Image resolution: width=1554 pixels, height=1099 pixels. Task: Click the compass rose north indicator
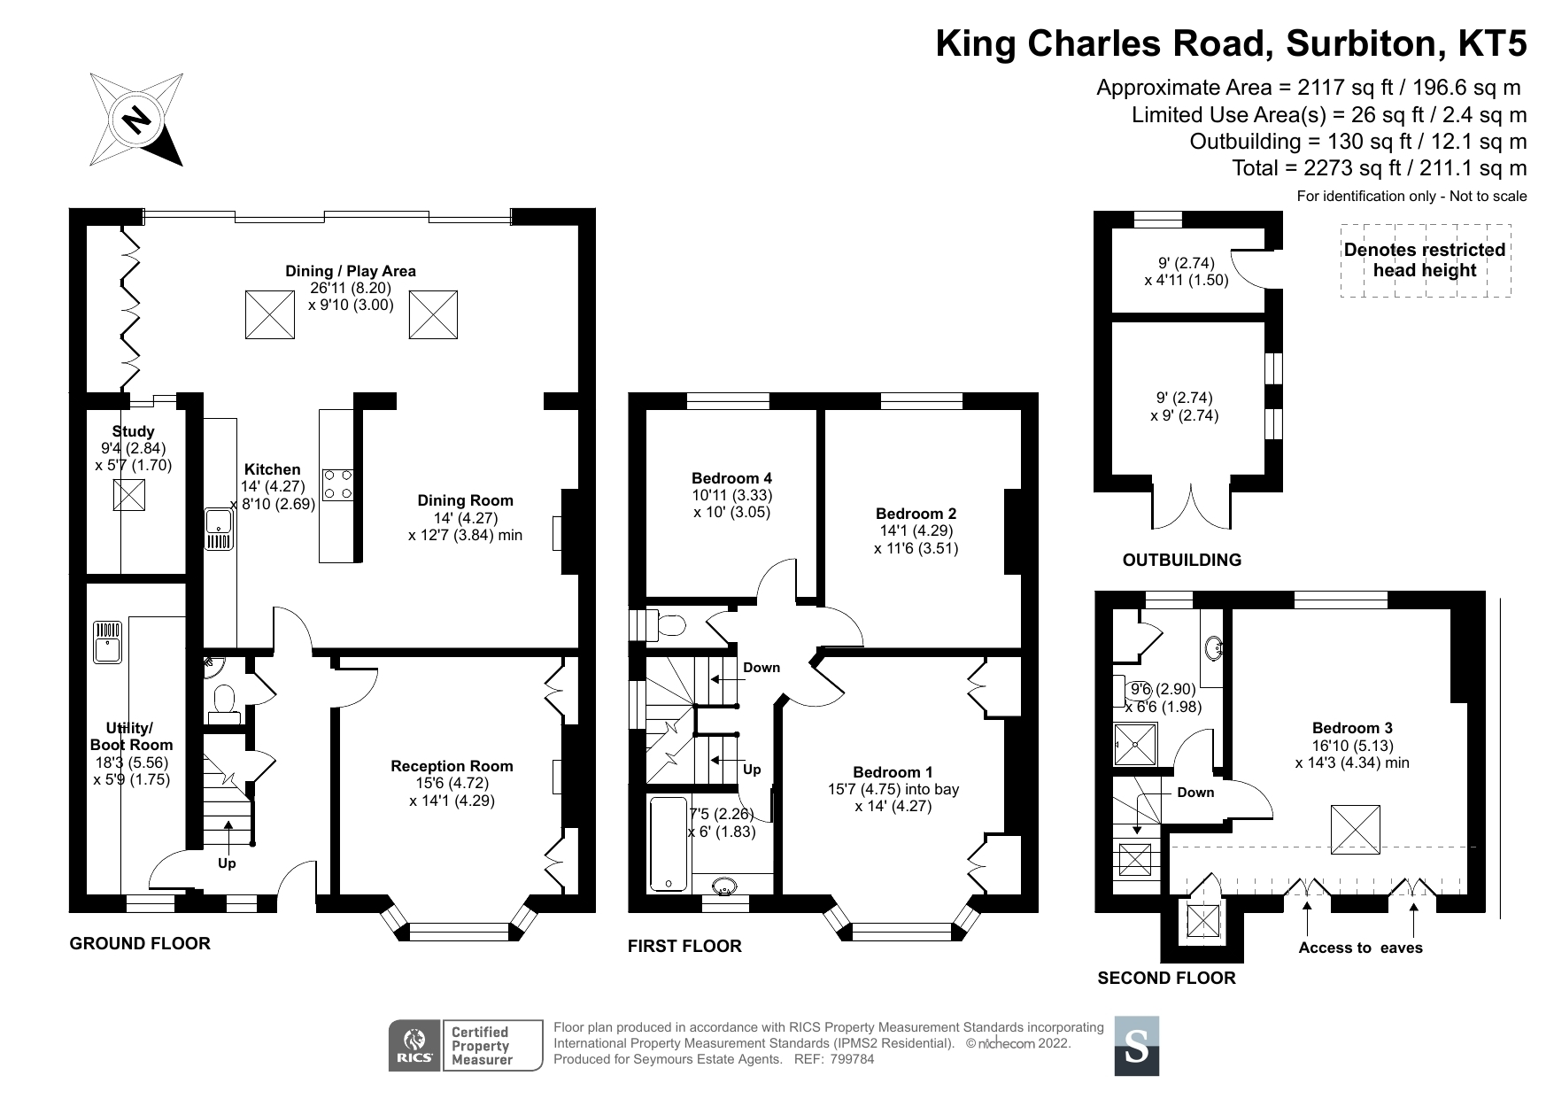click(136, 120)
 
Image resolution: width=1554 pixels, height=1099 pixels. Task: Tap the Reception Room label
click(452, 766)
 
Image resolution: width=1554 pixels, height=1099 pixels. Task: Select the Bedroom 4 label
click(731, 478)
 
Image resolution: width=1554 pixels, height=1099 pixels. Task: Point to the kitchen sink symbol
click(217, 529)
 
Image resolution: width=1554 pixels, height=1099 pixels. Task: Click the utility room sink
click(107, 641)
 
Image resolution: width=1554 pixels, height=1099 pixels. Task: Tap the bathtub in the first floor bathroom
click(668, 843)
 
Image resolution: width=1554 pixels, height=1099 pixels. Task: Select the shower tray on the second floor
click(1135, 745)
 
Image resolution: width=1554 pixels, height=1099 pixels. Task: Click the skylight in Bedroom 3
click(1356, 829)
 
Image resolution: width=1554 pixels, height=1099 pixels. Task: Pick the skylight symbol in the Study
click(128, 494)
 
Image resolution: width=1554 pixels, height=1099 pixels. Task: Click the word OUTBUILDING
click(1181, 560)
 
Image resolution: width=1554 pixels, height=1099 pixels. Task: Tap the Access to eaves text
click(1360, 948)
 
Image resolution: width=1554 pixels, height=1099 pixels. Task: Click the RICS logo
click(414, 1045)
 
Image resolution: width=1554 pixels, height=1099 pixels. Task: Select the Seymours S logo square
click(1136, 1046)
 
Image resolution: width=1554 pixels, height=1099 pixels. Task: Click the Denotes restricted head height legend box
click(1424, 260)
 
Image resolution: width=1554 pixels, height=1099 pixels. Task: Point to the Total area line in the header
click(1379, 168)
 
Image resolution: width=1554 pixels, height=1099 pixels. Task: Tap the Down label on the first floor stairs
click(761, 668)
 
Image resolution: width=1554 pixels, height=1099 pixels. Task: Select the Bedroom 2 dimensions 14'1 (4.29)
click(916, 530)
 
